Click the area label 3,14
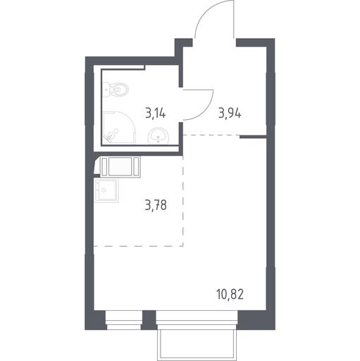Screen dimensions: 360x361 pyautogui.click(x=156, y=114)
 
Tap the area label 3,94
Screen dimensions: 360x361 pyautogui.click(x=230, y=114)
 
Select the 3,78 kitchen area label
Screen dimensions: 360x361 pyautogui.click(x=156, y=205)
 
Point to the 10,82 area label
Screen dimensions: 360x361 pyautogui.click(x=230, y=295)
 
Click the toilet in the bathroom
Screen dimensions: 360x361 pyautogui.click(x=116, y=90)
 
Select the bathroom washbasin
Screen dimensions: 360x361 pyautogui.click(x=159, y=135)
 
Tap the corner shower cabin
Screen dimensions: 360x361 pyautogui.click(x=119, y=128)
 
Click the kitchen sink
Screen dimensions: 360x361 pyautogui.click(x=106, y=190)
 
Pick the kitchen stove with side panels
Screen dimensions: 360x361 pyautogui.click(x=120, y=166)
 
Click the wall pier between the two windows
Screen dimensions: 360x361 pyautogui.click(x=149, y=320)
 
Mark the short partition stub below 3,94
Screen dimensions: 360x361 pyautogui.click(x=253, y=137)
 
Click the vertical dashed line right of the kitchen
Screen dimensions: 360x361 pyautogui.click(x=183, y=201)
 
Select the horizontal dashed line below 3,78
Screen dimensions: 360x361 pyautogui.click(x=139, y=246)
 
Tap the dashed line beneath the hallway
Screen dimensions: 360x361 pyautogui.click(x=211, y=135)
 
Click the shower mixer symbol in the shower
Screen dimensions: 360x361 pyautogui.click(x=111, y=135)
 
